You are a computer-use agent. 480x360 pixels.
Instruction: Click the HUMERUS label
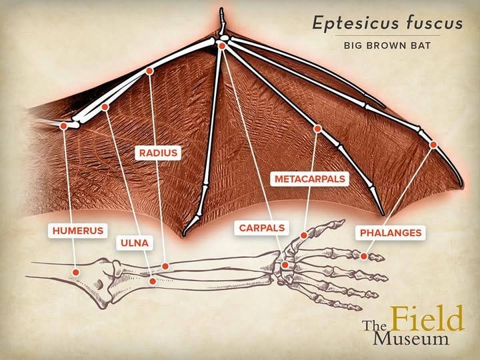[x=78, y=231]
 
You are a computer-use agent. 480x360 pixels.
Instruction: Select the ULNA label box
[x=135, y=243]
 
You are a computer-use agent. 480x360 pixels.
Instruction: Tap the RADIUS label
[x=158, y=153]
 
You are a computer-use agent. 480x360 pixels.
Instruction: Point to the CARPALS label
[x=262, y=228]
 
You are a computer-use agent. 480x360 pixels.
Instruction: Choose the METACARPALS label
[x=310, y=179]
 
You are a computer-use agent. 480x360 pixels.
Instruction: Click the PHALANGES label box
[x=391, y=233]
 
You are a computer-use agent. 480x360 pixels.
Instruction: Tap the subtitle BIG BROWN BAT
[x=387, y=45]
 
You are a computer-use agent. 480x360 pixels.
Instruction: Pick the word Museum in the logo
[x=411, y=339]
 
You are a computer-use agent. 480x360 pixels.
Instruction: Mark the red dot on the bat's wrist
[x=222, y=46]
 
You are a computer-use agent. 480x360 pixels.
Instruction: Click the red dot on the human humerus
[x=75, y=272]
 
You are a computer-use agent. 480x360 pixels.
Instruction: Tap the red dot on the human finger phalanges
[x=364, y=256]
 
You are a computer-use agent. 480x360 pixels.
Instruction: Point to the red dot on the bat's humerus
[x=64, y=125]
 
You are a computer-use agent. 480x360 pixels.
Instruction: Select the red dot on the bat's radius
[x=149, y=71]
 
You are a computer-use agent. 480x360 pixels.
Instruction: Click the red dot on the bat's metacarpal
[x=317, y=129]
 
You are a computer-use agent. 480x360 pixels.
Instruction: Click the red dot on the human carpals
[x=285, y=265]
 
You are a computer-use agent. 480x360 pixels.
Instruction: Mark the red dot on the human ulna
[x=153, y=281]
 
